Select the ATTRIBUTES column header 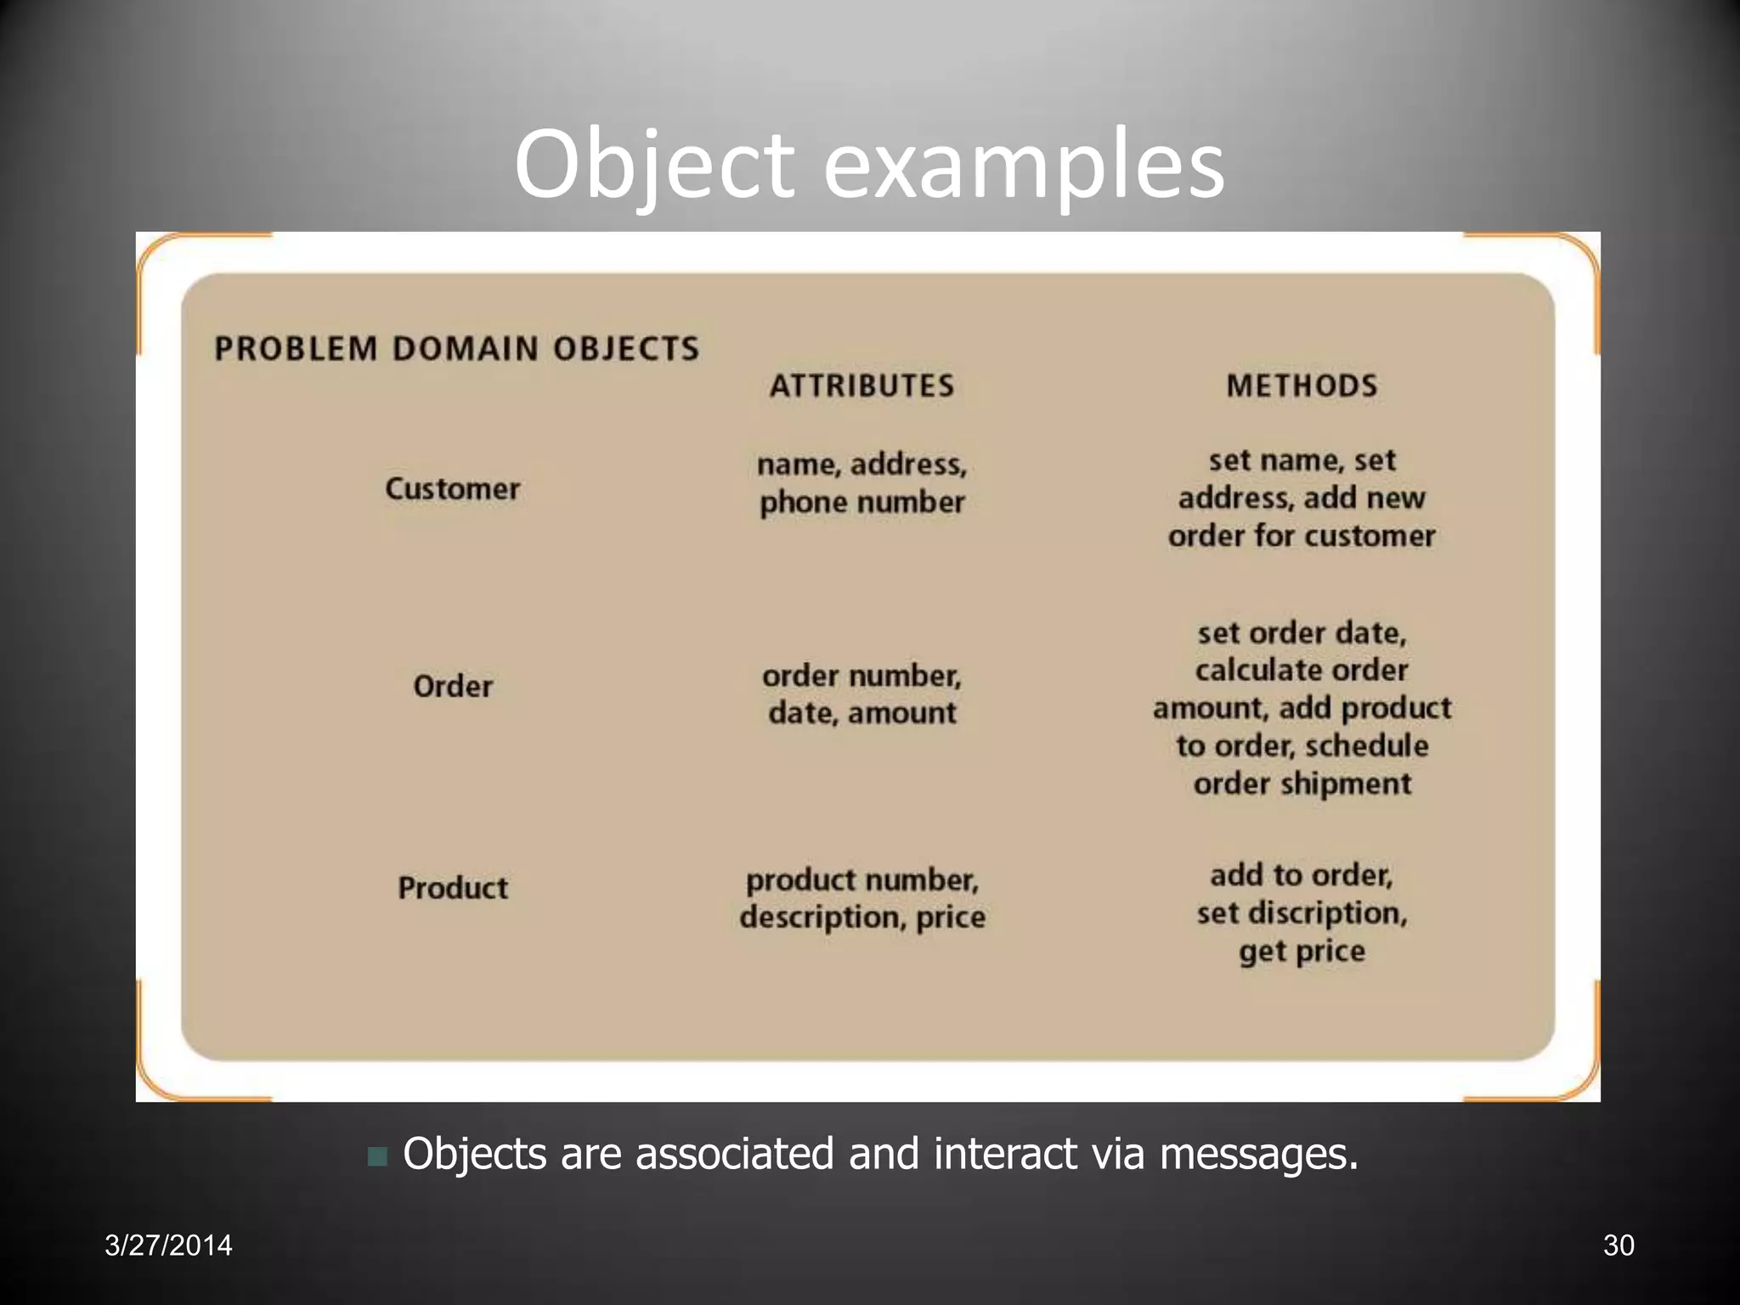coord(862,386)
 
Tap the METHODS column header coord(1302,386)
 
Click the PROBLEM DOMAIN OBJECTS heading coord(456,348)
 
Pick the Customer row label coord(452,489)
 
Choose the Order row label coord(452,686)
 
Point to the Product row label coord(452,888)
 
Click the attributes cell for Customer coord(862,483)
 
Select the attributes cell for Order coord(862,694)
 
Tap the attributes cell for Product coord(862,898)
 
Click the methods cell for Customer coord(1302,498)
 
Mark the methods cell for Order coord(1302,708)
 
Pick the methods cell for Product coord(1302,913)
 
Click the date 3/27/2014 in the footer coord(168,1246)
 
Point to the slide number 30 coord(1618,1246)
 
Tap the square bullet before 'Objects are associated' coord(377,1156)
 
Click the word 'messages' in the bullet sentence coord(1258,1154)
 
